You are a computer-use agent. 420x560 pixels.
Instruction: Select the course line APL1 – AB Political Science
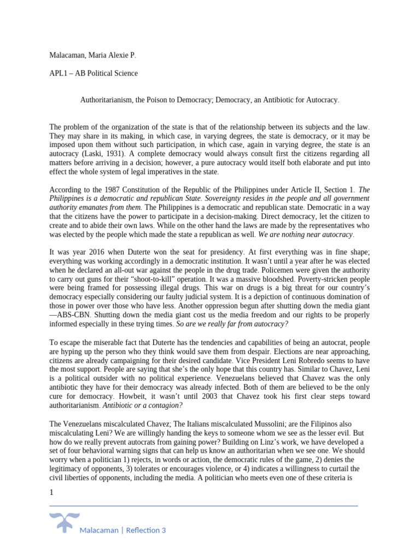point(94,73)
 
